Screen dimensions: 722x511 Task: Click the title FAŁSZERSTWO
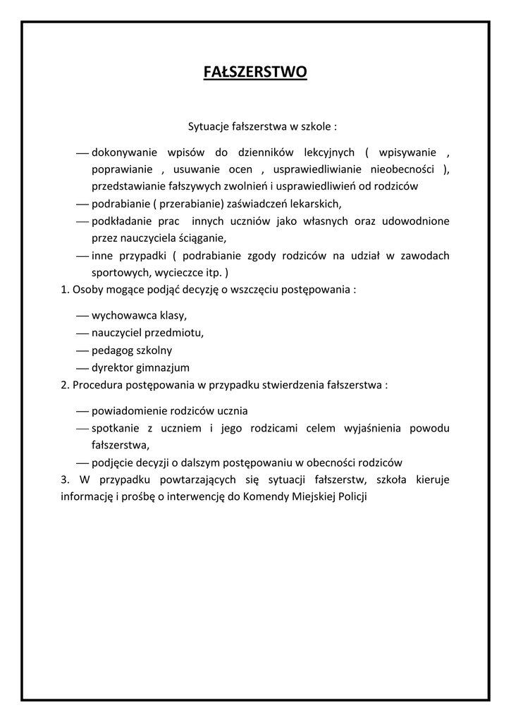255,72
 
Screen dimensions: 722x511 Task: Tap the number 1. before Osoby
66,289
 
